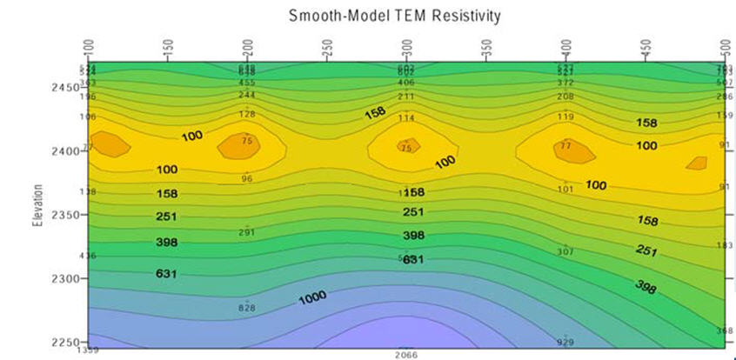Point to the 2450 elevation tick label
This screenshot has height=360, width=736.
[66, 87]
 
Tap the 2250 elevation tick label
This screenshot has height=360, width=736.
[66, 342]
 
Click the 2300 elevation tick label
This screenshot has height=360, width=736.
[66, 278]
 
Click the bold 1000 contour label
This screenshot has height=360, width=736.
[312, 298]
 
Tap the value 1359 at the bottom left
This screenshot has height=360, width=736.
[87, 352]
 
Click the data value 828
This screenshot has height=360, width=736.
[247, 309]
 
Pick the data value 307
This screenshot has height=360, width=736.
[565, 251]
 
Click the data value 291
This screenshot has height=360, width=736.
[247, 232]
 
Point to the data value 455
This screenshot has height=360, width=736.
[247, 83]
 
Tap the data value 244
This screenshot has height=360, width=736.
[247, 95]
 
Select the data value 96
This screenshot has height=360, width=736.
[247, 179]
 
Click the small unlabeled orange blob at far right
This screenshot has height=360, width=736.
[696, 163]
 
